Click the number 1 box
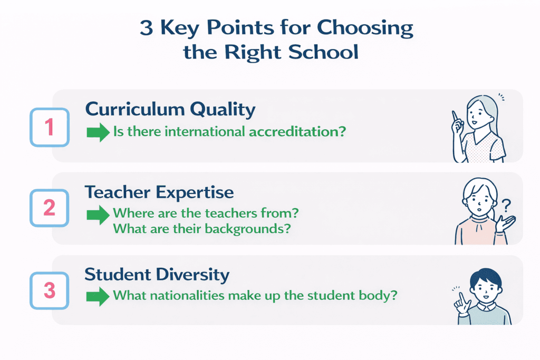50,128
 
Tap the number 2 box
50,208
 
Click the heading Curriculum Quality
170,109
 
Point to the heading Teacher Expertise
159,192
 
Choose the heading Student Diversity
157,275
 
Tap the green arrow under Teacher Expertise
98,215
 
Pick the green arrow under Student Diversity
98,296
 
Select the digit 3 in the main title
146,28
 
